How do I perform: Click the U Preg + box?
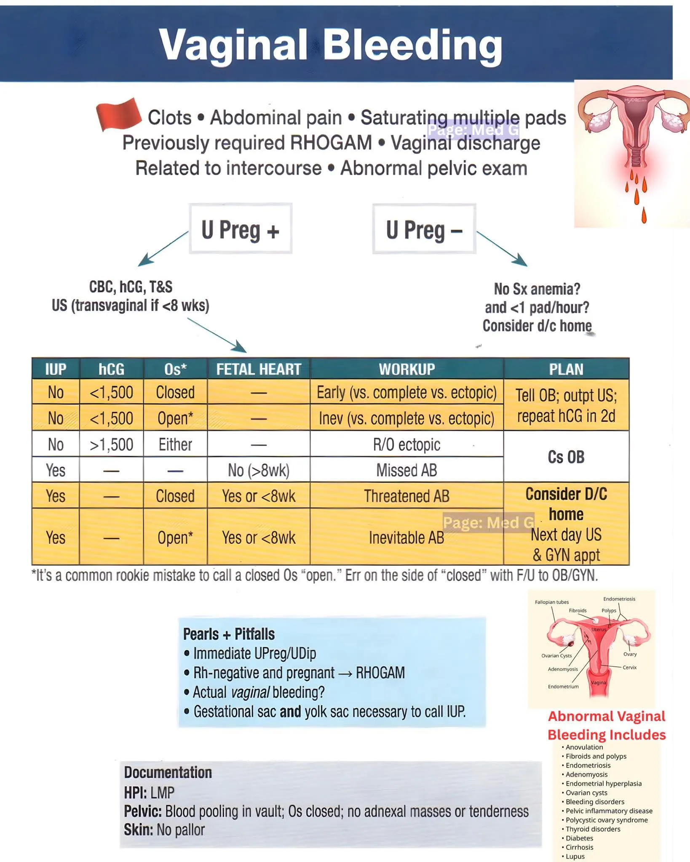[x=241, y=229]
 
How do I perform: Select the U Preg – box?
[x=424, y=229]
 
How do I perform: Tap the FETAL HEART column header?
[x=259, y=369]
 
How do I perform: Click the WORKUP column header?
[x=407, y=369]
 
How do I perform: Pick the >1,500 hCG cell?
[x=111, y=444]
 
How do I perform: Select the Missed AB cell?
[x=407, y=470]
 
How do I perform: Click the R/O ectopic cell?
[x=407, y=444]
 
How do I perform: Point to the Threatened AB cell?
[x=407, y=496]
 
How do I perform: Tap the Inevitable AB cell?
[x=407, y=537]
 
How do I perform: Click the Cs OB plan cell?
[x=566, y=457]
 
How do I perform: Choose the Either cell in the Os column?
[x=175, y=444]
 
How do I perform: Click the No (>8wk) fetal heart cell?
[x=259, y=470]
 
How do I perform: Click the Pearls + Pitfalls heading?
[x=229, y=634]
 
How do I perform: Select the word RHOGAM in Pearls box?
[x=380, y=673]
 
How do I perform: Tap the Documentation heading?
[x=168, y=772]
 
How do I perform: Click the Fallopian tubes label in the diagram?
[x=551, y=602]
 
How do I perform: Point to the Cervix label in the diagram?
[x=629, y=667]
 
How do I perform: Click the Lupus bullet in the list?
[x=575, y=856]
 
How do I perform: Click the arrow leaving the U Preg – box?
[x=501, y=248]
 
